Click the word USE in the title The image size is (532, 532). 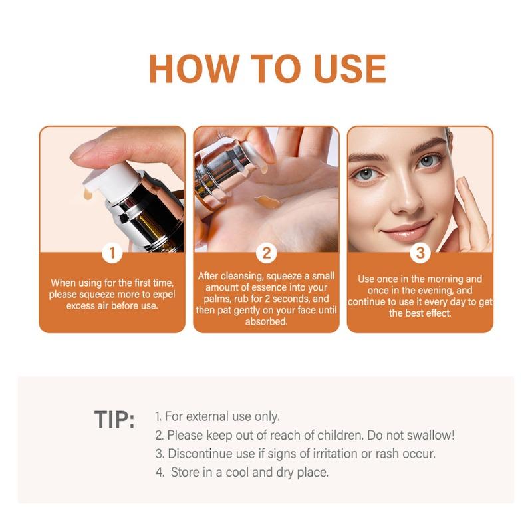pos(350,68)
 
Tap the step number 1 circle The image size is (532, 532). pos(112,253)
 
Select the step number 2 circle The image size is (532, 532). pos(267,253)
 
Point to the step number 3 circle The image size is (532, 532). pos(420,253)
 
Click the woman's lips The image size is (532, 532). pos(406,231)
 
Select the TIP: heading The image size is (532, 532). pos(114,420)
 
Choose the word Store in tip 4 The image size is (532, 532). pos(186,472)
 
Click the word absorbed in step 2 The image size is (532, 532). pos(267,321)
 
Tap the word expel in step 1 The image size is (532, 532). pos(164,294)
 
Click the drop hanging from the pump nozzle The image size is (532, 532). pos(88,194)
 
